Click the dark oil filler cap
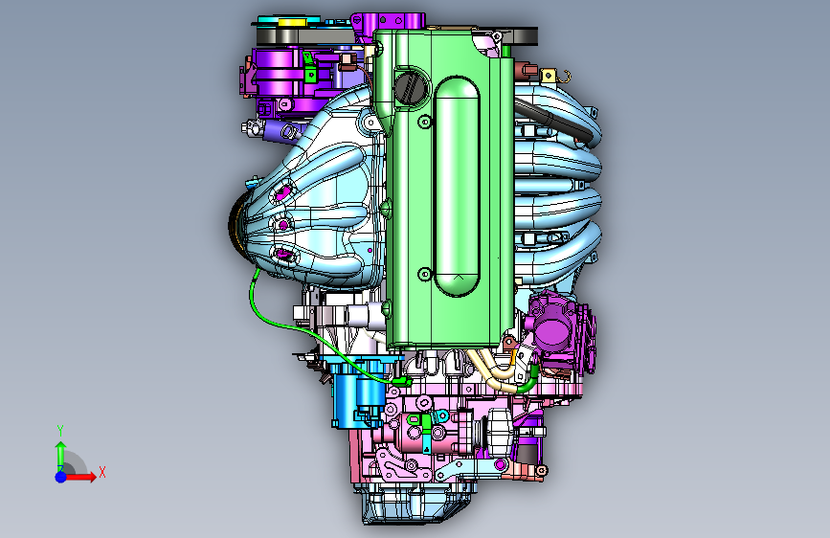(411, 87)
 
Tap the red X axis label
(102, 472)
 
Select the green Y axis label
(60, 431)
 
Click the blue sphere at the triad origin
(61, 477)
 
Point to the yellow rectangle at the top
(290, 22)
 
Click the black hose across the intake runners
(554, 121)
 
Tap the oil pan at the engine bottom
(415, 503)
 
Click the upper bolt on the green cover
(424, 123)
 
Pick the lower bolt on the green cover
(424, 275)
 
